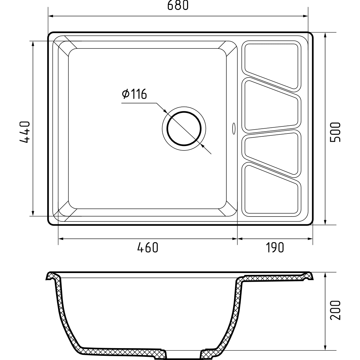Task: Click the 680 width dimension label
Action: coord(178,5)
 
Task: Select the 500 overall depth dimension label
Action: coord(335,132)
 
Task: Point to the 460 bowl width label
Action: coord(148,247)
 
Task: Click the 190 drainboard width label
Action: coord(275,247)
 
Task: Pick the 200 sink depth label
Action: coord(335,310)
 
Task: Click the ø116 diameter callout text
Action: coord(134,94)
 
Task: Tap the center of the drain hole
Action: coord(184,129)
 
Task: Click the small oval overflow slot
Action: coord(234,128)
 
